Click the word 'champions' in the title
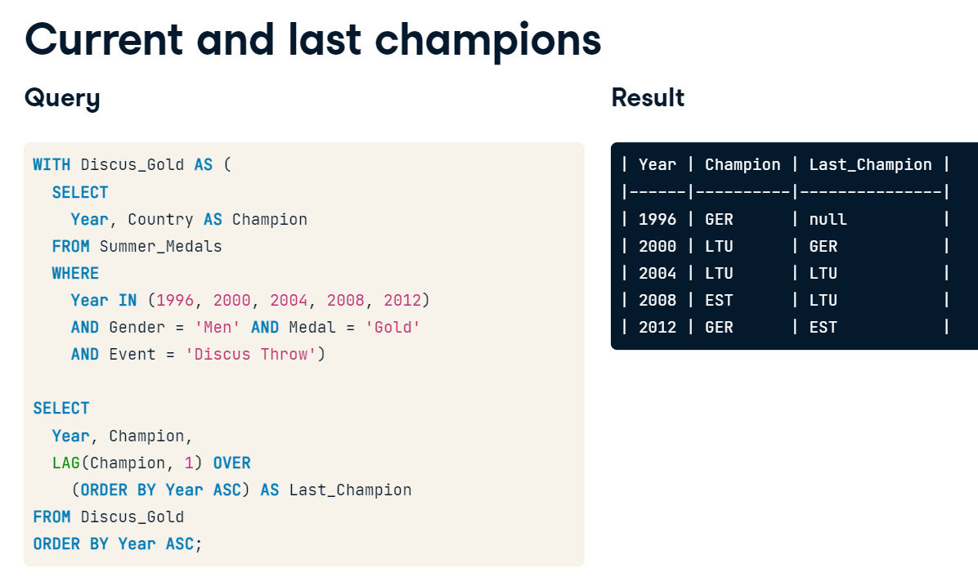click(487, 41)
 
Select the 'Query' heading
click(62, 99)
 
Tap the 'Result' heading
click(648, 98)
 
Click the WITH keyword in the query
click(52, 164)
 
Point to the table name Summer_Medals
click(161, 246)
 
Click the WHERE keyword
click(75, 273)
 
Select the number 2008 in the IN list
click(346, 301)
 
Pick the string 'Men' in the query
click(218, 327)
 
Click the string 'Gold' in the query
click(393, 327)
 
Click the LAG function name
click(66, 463)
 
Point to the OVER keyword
click(232, 463)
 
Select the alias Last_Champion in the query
click(351, 490)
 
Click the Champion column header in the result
click(742, 164)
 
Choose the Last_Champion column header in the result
click(870, 164)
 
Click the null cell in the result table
click(828, 219)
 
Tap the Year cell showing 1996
click(657, 219)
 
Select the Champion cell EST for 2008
click(719, 301)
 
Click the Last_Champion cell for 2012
click(823, 327)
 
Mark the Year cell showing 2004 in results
click(657, 273)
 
